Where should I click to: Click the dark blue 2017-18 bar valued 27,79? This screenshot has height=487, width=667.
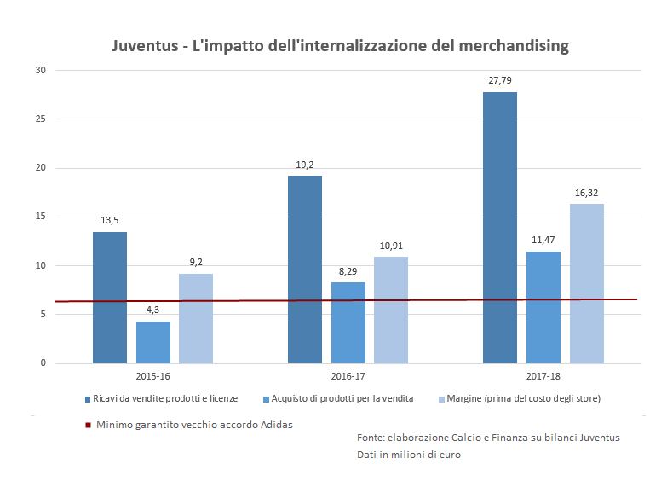[500, 228]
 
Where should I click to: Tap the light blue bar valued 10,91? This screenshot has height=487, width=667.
[391, 310]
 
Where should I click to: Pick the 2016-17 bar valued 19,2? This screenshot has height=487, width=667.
[305, 270]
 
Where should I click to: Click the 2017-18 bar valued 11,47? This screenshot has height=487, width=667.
[543, 307]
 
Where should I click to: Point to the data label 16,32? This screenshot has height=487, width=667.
[587, 193]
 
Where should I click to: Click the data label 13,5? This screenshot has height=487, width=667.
[110, 220]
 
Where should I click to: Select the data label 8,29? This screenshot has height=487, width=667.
[348, 270]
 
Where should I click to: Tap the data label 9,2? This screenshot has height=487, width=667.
[196, 262]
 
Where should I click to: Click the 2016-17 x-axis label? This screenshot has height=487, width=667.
[348, 375]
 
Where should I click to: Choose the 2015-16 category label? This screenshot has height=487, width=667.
[153, 375]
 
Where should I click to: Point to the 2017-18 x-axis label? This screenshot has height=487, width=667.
[543, 375]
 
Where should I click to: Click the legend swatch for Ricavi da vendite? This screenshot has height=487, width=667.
[88, 399]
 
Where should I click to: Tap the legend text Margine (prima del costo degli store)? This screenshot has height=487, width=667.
[524, 398]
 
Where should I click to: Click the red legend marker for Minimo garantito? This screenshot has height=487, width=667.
[88, 425]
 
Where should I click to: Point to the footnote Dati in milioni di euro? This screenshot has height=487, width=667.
[409, 455]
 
